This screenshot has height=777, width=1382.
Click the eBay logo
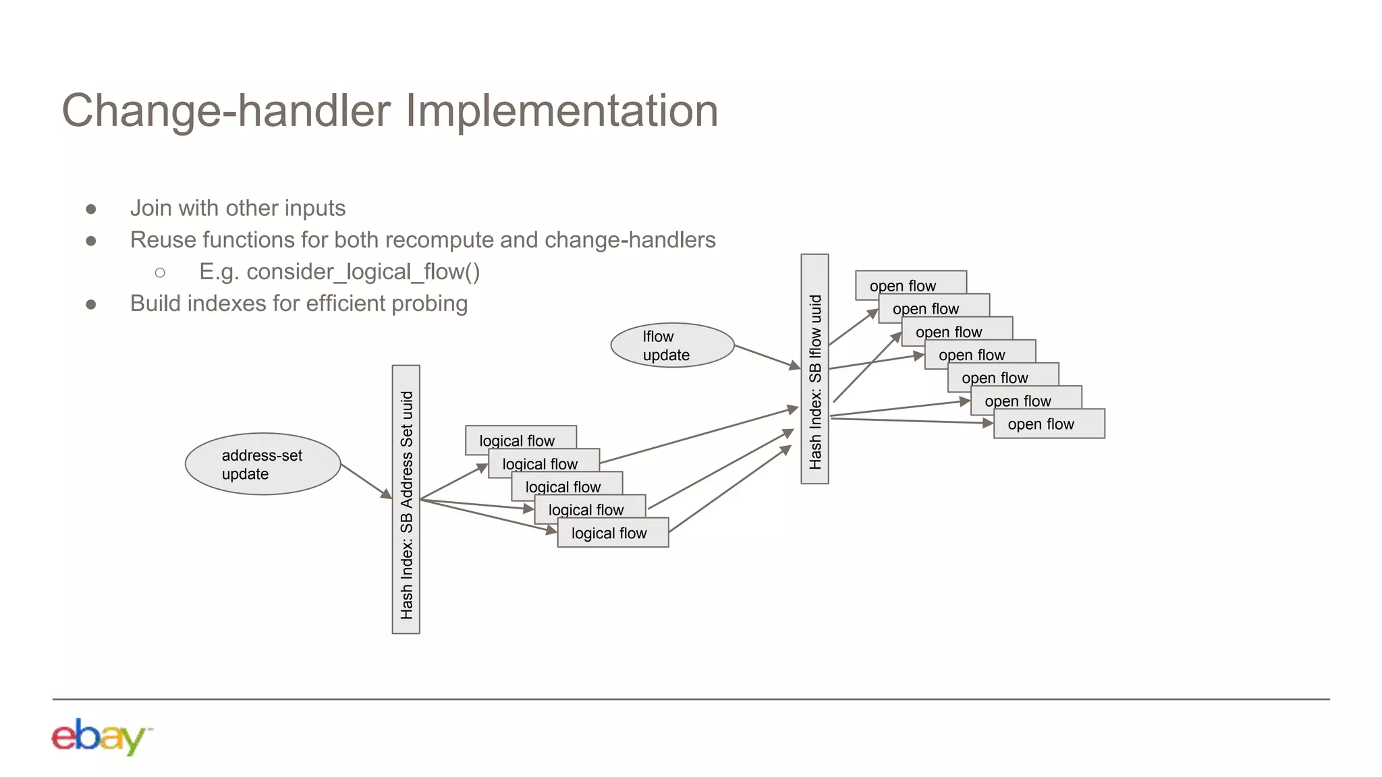[x=100, y=737]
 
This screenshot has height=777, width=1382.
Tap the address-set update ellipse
[x=262, y=464]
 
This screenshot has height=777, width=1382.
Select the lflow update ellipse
[x=672, y=345]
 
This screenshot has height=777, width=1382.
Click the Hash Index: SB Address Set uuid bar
[x=406, y=499]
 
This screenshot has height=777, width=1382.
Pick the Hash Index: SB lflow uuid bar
[x=814, y=369]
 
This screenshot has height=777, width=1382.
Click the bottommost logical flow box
[x=613, y=533]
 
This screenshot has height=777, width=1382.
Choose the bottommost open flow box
[x=1049, y=424]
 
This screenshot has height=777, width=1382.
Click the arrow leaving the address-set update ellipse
[x=366, y=482]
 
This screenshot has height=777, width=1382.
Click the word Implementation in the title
[x=562, y=111]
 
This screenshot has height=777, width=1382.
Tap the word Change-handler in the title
[x=226, y=111]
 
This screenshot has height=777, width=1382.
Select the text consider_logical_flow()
[x=363, y=272]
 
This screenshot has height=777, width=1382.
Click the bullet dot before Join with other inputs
[x=91, y=209]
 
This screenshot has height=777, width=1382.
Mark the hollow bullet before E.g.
[x=160, y=272]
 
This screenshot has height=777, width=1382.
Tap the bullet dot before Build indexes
[x=91, y=305]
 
